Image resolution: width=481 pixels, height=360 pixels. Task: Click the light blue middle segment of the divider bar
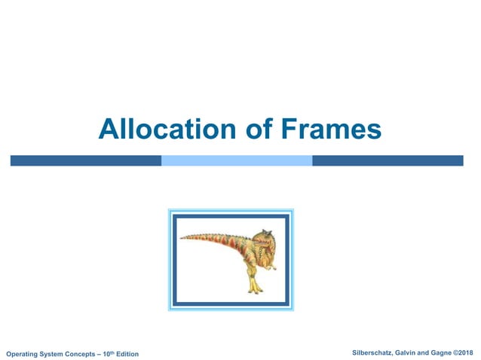[237, 160]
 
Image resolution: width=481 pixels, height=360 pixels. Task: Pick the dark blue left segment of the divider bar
[85, 160]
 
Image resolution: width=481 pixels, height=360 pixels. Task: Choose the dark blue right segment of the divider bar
[388, 160]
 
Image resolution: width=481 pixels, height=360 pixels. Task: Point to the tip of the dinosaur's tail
[182, 239]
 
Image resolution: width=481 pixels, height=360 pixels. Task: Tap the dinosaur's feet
[256, 290]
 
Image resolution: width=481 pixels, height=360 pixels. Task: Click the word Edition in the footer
[128, 354]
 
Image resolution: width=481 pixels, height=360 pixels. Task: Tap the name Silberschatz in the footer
[375, 353]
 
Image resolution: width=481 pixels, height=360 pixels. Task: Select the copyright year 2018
[470, 353]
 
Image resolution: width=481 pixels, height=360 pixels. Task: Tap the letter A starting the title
[106, 130]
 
